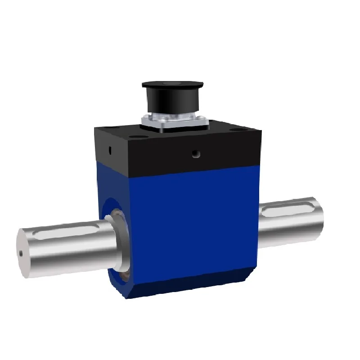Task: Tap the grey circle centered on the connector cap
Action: (171, 84)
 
